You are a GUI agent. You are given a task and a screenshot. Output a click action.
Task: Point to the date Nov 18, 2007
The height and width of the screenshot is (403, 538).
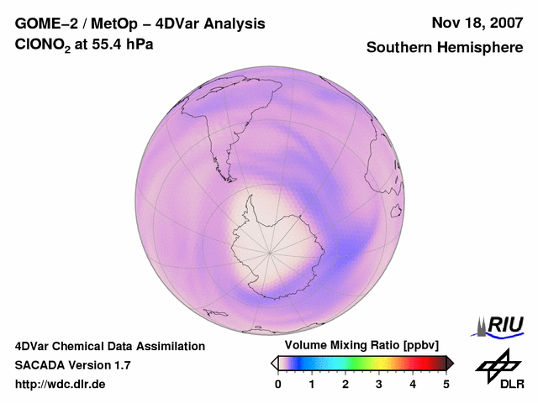[x=477, y=23]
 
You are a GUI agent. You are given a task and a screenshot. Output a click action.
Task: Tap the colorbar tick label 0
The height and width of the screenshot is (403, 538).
[x=278, y=384]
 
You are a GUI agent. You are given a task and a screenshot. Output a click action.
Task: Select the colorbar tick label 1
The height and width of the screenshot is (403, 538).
[x=312, y=384]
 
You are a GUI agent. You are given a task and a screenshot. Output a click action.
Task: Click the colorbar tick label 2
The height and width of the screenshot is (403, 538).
[x=345, y=384]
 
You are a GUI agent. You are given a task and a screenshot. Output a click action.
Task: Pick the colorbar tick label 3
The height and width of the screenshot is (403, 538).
[x=379, y=384]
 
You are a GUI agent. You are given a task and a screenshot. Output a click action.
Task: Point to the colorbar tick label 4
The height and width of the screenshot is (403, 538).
[x=413, y=384]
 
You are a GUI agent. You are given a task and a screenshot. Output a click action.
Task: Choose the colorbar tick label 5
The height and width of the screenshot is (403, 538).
[x=446, y=384]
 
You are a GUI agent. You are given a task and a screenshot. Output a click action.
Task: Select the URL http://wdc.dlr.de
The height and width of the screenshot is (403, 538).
[x=61, y=385]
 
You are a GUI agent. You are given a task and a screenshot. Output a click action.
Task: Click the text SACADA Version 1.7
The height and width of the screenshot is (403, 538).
[x=72, y=365]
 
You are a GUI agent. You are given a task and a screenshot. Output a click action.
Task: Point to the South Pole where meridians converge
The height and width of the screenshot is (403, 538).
[x=270, y=251]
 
